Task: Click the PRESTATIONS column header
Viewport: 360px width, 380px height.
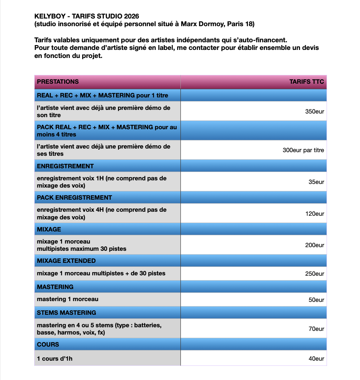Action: [x=58, y=82]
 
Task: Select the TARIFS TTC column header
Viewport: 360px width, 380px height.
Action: [x=306, y=82]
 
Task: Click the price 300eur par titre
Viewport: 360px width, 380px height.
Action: [x=303, y=151]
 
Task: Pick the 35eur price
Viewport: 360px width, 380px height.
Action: [x=316, y=182]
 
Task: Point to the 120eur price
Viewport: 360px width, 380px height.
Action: [x=314, y=214]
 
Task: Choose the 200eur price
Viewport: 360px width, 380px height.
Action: [x=314, y=245]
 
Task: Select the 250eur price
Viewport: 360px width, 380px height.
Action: [x=314, y=274]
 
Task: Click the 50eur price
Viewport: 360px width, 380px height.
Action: [x=316, y=300]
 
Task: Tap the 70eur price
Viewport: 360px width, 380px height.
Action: [x=316, y=329]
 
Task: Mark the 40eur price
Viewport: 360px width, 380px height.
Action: [x=316, y=359]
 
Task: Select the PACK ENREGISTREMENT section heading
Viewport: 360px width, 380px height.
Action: [x=74, y=198]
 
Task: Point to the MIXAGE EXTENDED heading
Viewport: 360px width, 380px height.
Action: [x=66, y=261]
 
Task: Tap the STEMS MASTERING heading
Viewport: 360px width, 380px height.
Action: [x=66, y=313]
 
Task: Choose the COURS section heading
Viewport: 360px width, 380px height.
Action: [x=48, y=345]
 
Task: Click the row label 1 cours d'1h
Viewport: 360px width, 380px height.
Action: [x=55, y=359]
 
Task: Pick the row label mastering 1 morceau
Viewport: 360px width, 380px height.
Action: [x=68, y=299]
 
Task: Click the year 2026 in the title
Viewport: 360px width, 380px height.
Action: [x=131, y=16]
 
